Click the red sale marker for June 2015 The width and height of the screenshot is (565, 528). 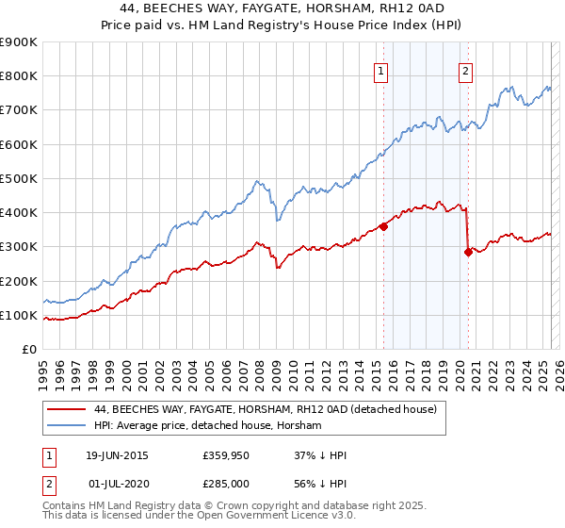(384, 226)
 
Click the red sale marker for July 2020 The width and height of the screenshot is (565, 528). (468, 252)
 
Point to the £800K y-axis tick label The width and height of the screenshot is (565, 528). (19, 76)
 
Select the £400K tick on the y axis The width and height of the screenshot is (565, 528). (19, 213)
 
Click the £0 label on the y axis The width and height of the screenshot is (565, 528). (28, 350)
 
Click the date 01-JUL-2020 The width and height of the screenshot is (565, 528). (116, 483)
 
